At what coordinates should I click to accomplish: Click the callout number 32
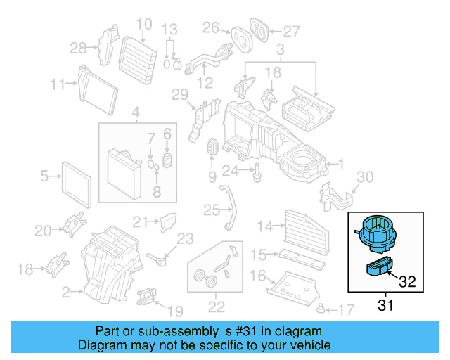[407, 282]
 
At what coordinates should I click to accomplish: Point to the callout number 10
[143, 25]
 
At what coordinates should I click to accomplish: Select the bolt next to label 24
[258, 170]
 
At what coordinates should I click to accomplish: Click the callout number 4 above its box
[136, 111]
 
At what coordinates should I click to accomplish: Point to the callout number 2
[65, 290]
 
